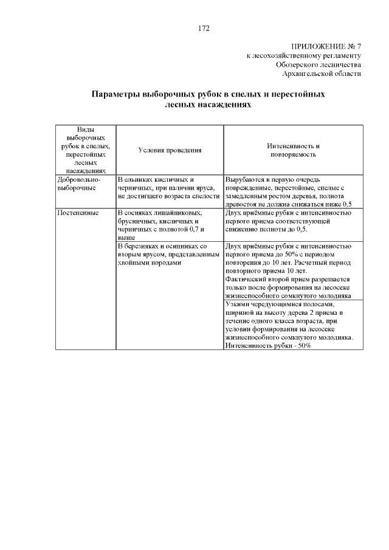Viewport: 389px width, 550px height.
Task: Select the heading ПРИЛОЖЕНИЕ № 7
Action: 326,46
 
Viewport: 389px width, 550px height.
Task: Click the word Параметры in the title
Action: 115,95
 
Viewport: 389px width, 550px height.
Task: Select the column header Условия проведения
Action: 170,150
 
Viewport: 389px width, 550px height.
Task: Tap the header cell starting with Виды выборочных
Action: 86,150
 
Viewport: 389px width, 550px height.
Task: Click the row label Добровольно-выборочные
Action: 78,184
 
